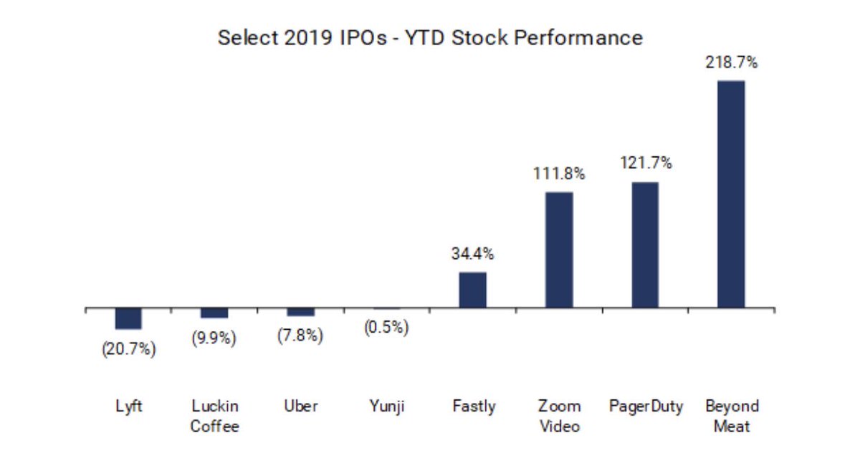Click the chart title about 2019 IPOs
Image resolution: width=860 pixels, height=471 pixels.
tap(430, 37)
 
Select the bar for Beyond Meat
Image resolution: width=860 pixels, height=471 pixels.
tap(731, 194)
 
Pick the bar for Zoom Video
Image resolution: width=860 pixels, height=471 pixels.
tap(559, 250)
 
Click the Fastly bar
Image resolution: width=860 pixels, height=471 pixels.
tap(473, 290)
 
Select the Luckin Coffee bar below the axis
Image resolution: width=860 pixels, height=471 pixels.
tap(214, 313)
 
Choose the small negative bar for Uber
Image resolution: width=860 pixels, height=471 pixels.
tap(300, 313)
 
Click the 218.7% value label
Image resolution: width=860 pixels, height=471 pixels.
tap(731, 63)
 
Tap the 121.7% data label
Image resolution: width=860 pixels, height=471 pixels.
tap(645, 163)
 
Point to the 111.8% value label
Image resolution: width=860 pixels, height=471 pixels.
tap(559, 173)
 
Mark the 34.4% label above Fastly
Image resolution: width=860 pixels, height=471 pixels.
tap(473, 254)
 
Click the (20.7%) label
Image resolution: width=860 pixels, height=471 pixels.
tap(129, 349)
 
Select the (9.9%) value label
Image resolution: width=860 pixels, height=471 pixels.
tap(214, 338)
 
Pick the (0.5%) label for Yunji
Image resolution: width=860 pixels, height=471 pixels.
tap(386, 328)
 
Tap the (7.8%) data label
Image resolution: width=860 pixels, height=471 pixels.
tap(300, 336)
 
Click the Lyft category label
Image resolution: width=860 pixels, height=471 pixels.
tap(129, 406)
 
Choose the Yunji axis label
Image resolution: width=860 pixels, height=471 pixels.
tap(386, 406)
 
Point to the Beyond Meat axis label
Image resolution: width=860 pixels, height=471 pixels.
tap(731, 416)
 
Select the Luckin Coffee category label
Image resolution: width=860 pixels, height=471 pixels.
tap(214, 416)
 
